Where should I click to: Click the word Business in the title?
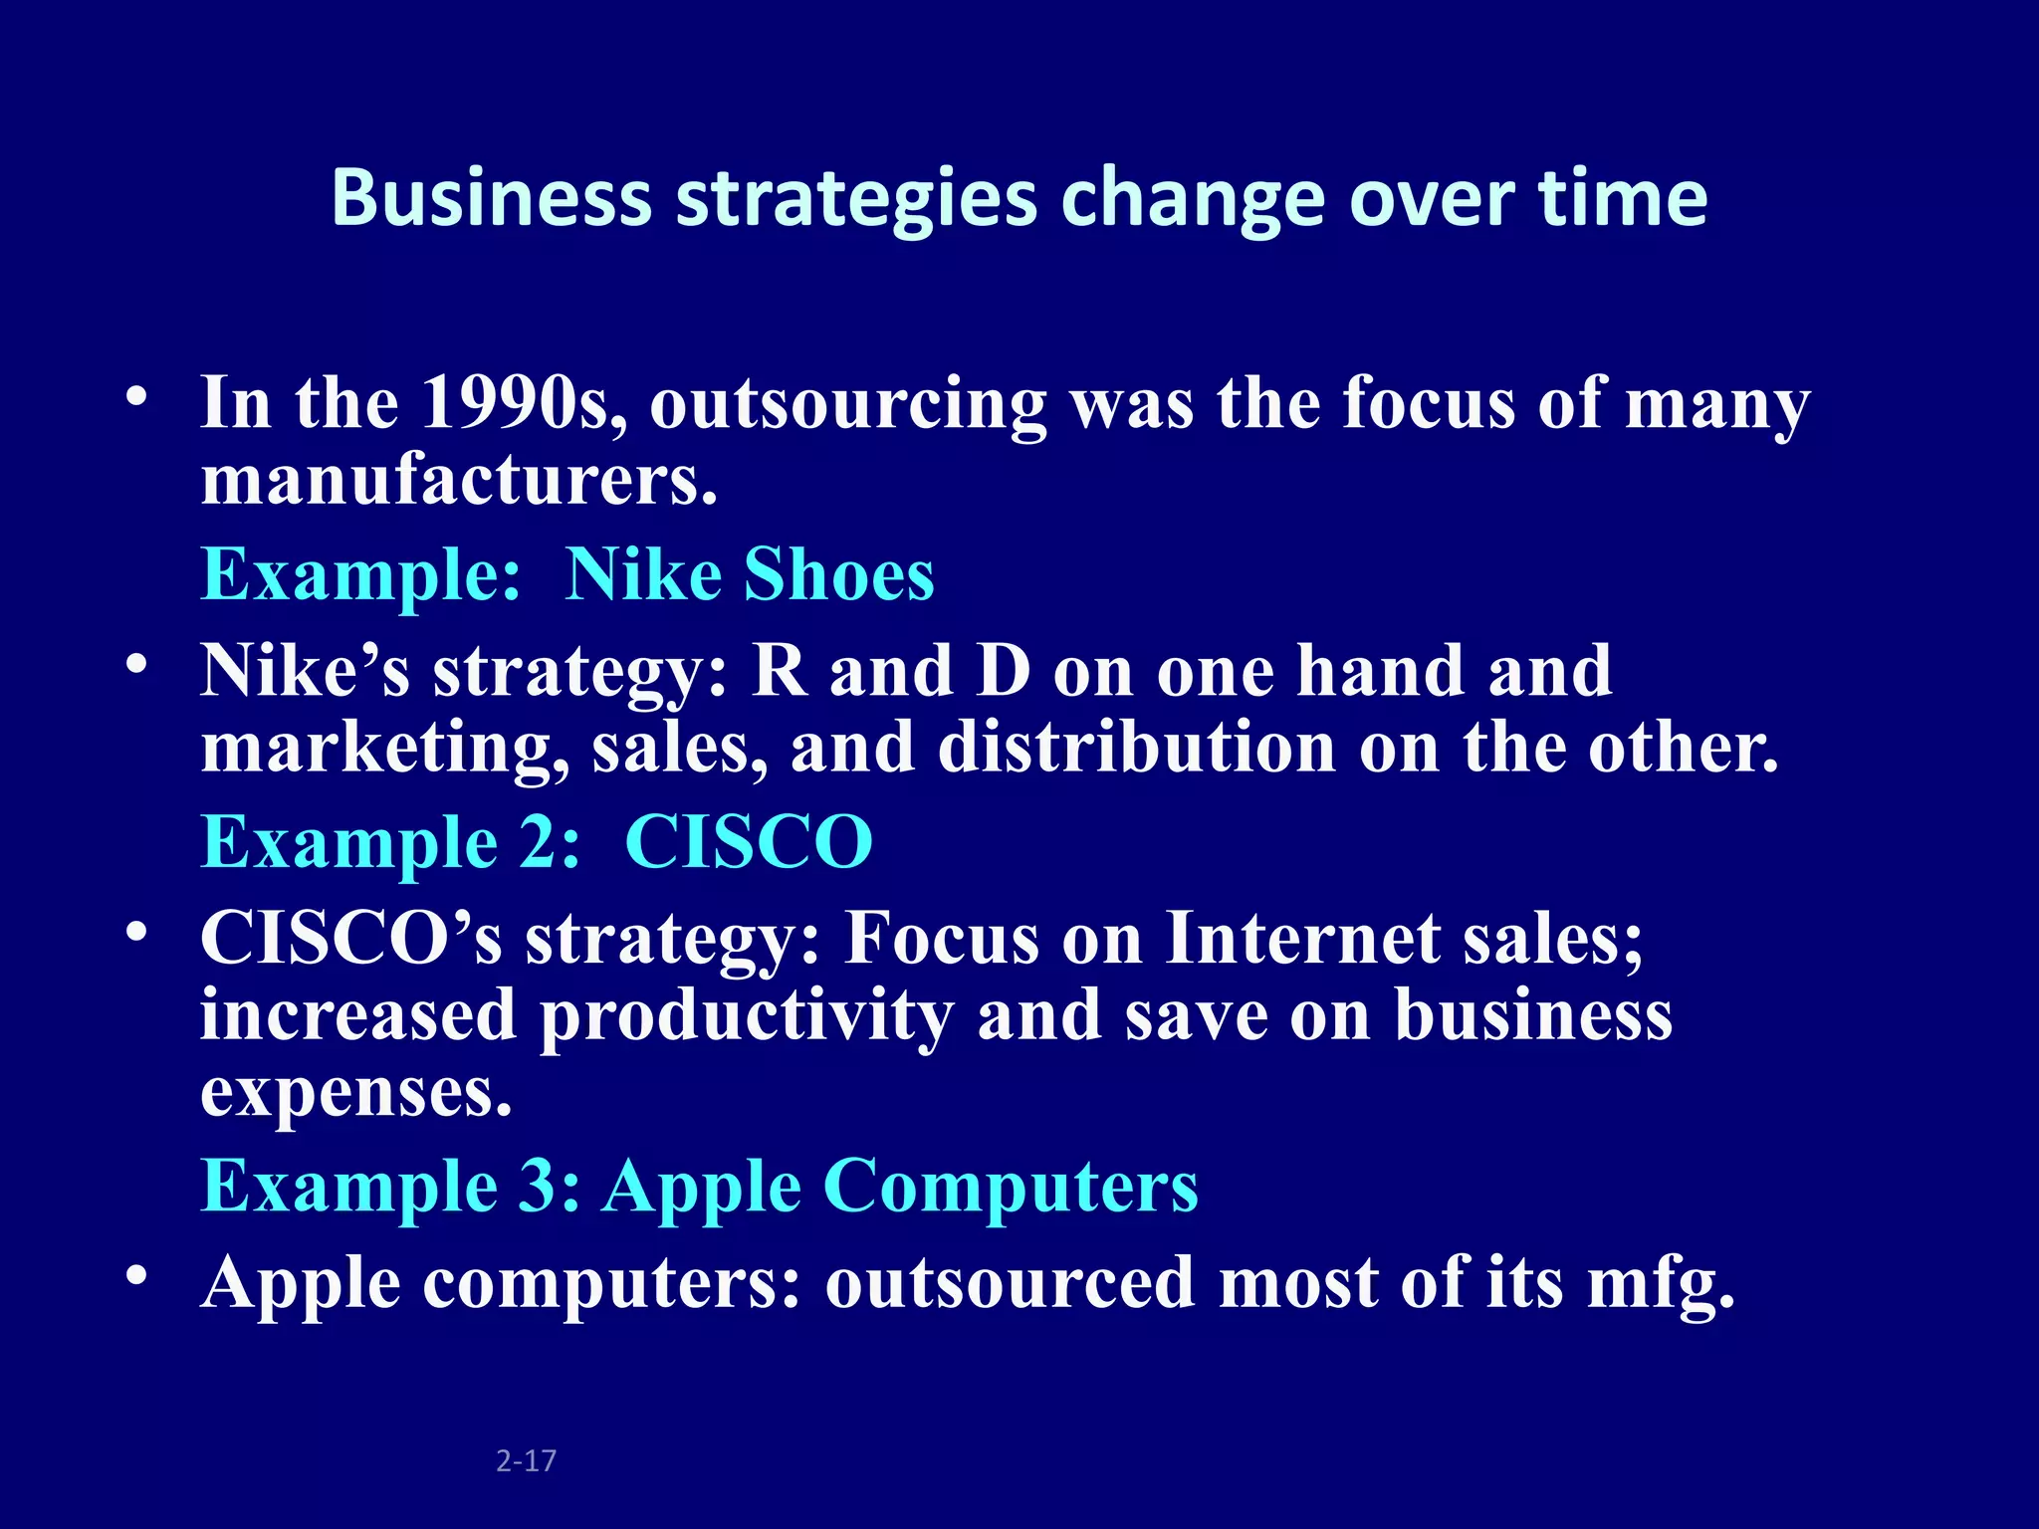pyautogui.click(x=491, y=198)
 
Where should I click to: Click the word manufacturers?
pyautogui.click(x=459, y=481)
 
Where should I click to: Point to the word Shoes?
pyautogui.click(x=839, y=575)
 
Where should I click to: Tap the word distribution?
pyautogui.click(x=1136, y=748)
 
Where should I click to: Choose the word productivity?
pyautogui.click(x=746, y=1016)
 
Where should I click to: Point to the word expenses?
pyautogui.click(x=356, y=1093)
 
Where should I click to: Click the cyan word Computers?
pyautogui.click(x=1012, y=1187)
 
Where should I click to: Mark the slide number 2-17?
pyautogui.click(x=526, y=1461)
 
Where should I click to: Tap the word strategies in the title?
pyautogui.click(x=857, y=198)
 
